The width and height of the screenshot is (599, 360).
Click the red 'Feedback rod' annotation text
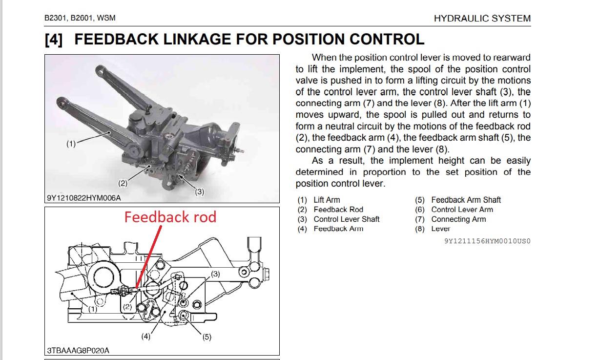[170, 217]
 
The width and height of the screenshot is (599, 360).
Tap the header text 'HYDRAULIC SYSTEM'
[482, 19]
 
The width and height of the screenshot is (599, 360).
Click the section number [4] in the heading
[54, 40]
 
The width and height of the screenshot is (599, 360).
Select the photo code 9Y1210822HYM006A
[83, 198]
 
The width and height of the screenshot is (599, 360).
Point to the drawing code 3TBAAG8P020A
[78, 351]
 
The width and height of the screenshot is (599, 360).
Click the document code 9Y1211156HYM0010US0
[487, 241]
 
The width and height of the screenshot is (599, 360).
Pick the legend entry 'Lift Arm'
[327, 200]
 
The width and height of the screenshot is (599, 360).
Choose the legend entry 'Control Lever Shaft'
[346, 219]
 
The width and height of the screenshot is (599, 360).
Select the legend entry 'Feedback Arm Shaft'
[466, 200]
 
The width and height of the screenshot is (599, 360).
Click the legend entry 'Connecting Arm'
[458, 219]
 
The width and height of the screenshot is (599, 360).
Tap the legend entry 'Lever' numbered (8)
[440, 229]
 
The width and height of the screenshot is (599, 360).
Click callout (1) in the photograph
[71, 144]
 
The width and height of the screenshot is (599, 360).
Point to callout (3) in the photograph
[200, 192]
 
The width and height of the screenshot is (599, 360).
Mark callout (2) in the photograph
[123, 184]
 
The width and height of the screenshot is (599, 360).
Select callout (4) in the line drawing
[146, 336]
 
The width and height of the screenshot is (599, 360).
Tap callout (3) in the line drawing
[215, 274]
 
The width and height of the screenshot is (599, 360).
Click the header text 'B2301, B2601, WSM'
[80, 19]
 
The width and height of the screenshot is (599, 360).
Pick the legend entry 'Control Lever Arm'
[462, 210]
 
